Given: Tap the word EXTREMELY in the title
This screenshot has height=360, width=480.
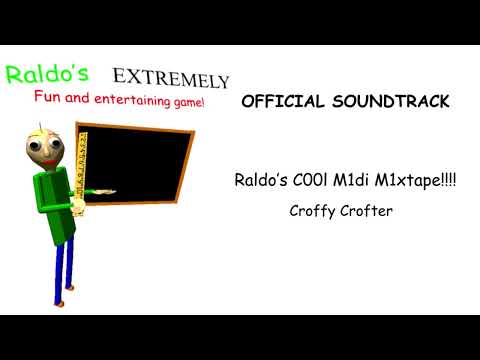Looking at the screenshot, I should [171, 78].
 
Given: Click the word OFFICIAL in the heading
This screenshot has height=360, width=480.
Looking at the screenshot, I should [282, 102].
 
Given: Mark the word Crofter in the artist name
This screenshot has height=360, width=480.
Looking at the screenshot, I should [367, 211].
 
